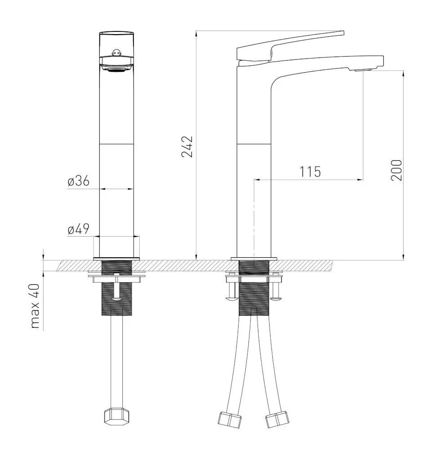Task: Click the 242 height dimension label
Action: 187,147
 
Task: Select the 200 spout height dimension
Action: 397,170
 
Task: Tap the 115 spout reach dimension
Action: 311,172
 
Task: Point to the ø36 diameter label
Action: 79,181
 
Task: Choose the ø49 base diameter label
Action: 79,229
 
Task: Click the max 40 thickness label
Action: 35,306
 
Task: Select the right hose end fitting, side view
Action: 277,419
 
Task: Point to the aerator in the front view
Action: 116,70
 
